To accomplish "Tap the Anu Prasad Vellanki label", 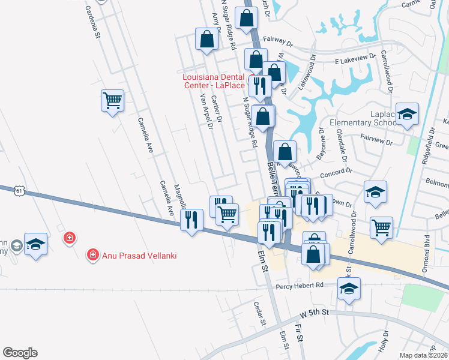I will [x=134, y=255].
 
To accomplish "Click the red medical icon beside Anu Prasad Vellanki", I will [x=93, y=255].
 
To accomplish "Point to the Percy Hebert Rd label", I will [x=300, y=286].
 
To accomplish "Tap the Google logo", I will [x=20, y=353].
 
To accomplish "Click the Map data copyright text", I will [x=424, y=355].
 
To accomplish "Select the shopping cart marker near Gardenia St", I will [x=112, y=101].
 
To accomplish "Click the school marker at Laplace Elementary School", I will [x=408, y=114].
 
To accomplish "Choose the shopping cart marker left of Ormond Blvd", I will [x=381, y=227].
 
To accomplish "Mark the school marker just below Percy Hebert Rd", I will [x=349, y=287].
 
